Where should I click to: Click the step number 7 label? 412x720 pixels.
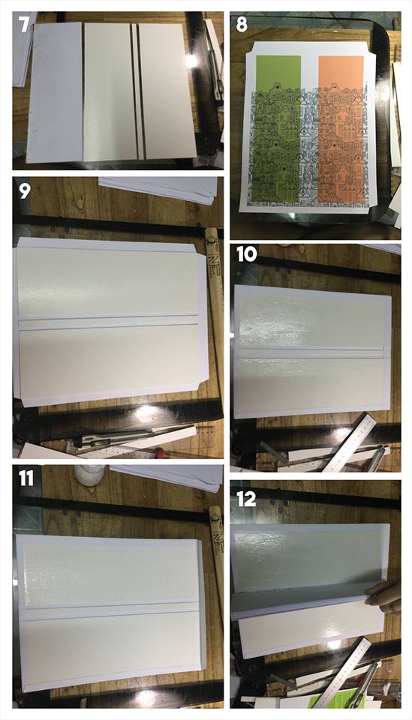tap(24, 23)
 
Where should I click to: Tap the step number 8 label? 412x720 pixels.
tap(242, 24)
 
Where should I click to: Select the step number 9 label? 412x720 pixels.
tap(24, 190)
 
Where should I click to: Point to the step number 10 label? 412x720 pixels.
tap(247, 254)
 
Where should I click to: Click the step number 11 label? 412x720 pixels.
tap(26, 478)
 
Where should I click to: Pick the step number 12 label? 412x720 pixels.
tap(246, 499)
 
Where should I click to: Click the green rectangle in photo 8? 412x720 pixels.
tap(278, 128)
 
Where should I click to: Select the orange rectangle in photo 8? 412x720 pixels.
tap(341, 128)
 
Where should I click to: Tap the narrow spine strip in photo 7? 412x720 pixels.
tap(135, 91)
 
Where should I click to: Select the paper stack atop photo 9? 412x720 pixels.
tap(158, 189)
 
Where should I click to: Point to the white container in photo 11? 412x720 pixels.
tap(90, 475)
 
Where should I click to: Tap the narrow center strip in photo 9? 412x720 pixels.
tap(108, 321)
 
